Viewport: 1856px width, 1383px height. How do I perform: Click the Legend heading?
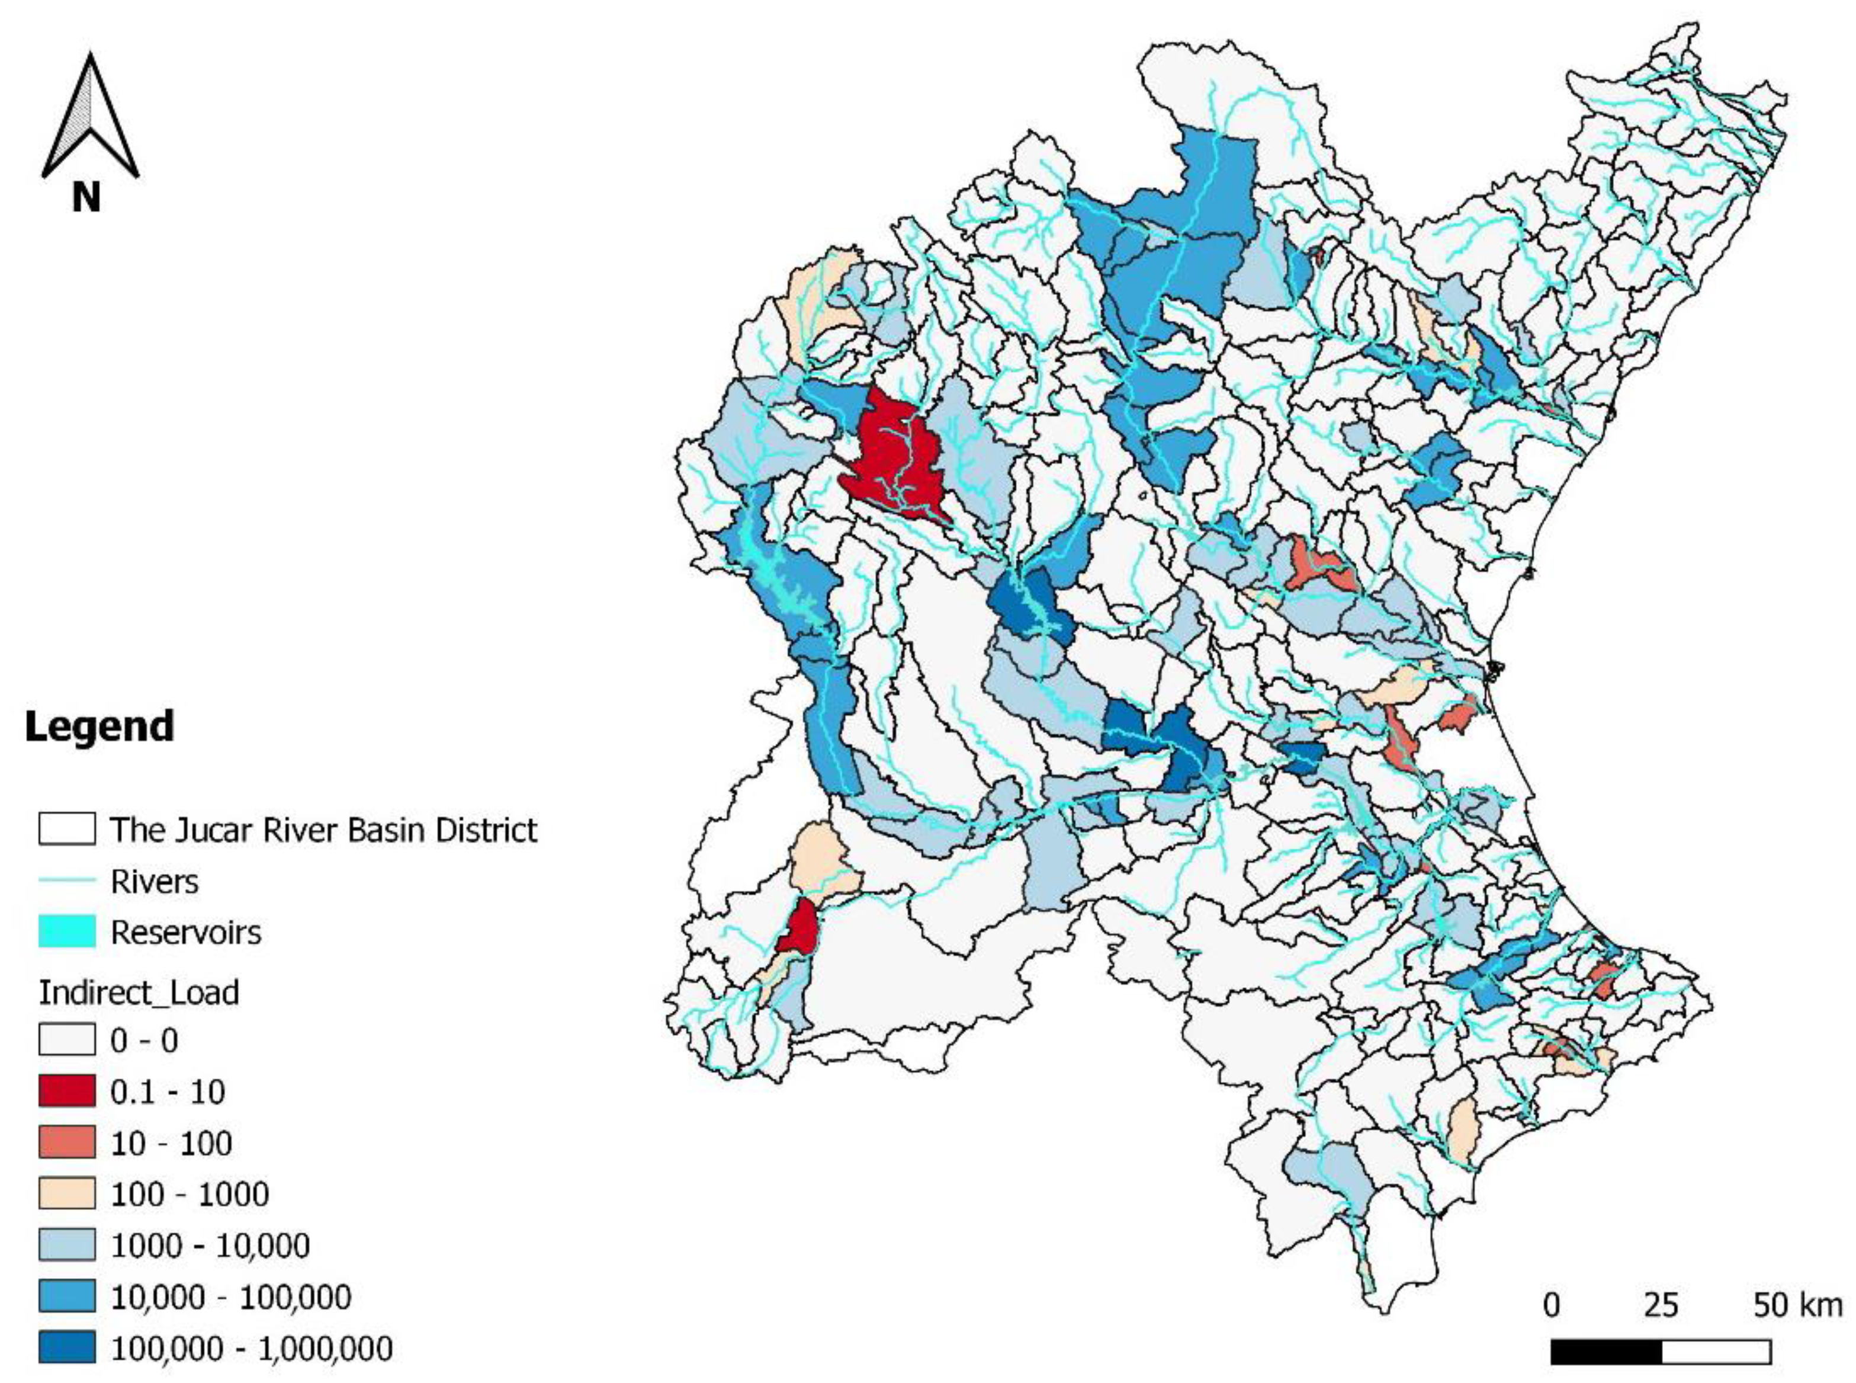(x=99, y=726)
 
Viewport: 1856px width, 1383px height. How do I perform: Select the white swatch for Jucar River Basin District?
(x=66, y=829)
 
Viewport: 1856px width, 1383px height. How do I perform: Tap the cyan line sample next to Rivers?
(x=66, y=880)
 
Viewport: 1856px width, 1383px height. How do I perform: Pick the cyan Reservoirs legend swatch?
(x=66, y=931)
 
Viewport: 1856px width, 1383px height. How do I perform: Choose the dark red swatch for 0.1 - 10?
(x=66, y=1091)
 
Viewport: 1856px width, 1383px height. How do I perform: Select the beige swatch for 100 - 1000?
(x=66, y=1194)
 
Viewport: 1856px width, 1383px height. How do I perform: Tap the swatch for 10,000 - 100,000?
(x=66, y=1296)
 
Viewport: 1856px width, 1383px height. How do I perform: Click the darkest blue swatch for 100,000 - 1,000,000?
(x=66, y=1348)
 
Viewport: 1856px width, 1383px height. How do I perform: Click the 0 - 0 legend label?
(x=144, y=1041)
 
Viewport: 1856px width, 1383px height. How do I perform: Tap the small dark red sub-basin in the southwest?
(x=799, y=927)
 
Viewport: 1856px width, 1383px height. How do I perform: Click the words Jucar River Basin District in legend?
(x=323, y=830)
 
